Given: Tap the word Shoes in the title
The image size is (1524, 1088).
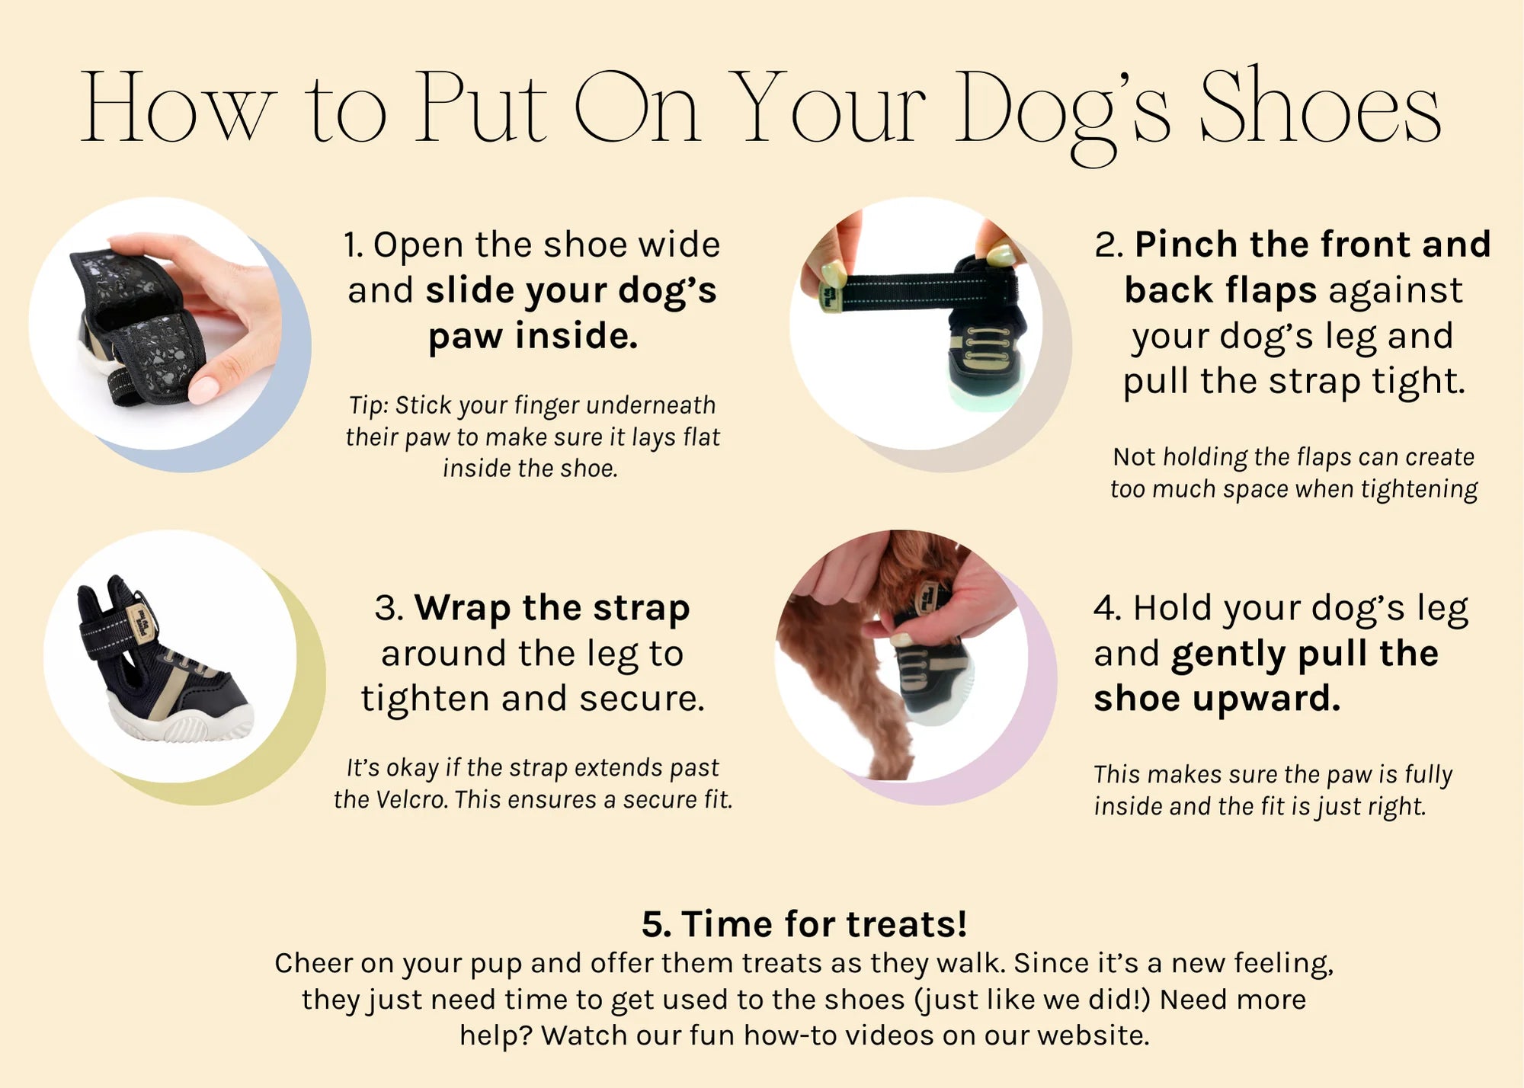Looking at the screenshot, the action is tap(1320, 106).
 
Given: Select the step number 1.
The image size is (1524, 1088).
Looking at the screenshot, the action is tap(352, 245).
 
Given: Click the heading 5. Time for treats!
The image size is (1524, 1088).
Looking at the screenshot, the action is tap(804, 924).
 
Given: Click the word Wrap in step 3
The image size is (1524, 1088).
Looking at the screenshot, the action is tap(462, 608).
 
